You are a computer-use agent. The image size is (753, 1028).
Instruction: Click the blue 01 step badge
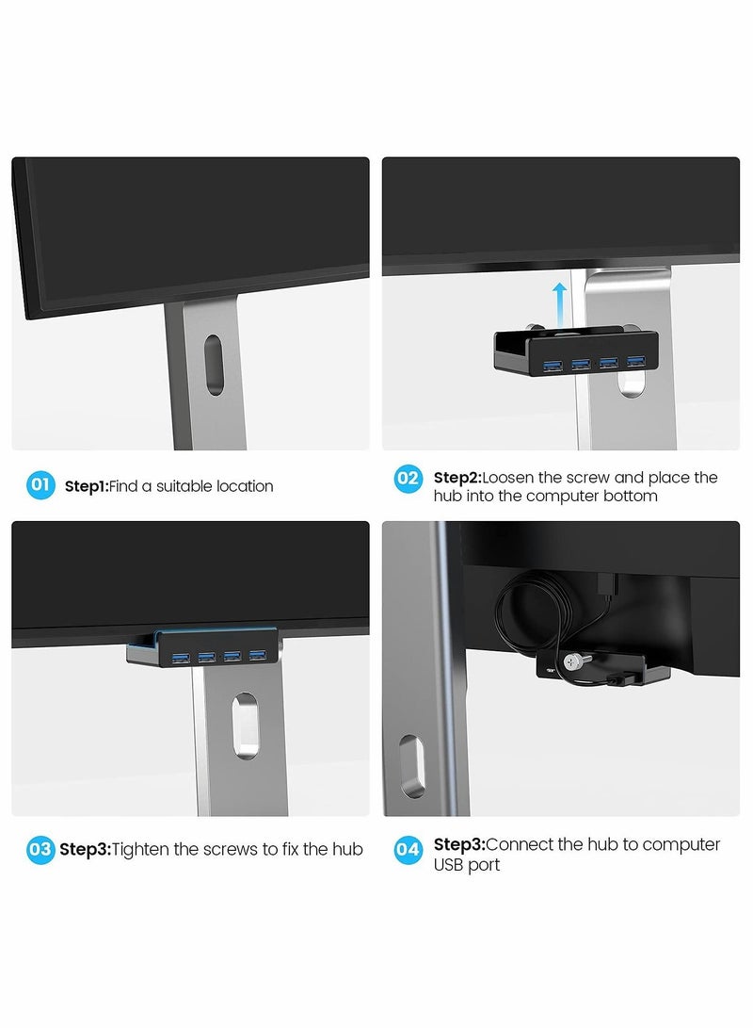40,485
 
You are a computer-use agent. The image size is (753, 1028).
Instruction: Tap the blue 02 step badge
408,478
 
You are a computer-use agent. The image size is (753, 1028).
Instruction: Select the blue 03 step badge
40,849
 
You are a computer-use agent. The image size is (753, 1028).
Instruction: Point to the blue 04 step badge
408,850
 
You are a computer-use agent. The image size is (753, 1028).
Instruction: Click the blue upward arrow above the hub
559,304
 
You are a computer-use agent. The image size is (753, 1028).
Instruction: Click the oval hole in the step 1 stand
214,365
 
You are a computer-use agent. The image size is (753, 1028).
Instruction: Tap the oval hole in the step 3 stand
245,726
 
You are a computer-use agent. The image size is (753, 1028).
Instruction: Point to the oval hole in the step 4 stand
412,766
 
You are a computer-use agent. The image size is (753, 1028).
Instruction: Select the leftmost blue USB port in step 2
553,366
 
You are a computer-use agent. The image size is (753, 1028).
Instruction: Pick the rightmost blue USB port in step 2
635,361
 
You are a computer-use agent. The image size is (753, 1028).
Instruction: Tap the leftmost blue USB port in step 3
180,658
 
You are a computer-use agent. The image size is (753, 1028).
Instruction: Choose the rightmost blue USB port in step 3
257,655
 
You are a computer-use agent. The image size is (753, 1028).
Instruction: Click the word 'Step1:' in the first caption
87,486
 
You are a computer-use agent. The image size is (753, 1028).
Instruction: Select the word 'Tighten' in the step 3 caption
140,850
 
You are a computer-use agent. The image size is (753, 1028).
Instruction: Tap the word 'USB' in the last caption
449,865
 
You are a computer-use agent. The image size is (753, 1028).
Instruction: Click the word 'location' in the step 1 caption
245,486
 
